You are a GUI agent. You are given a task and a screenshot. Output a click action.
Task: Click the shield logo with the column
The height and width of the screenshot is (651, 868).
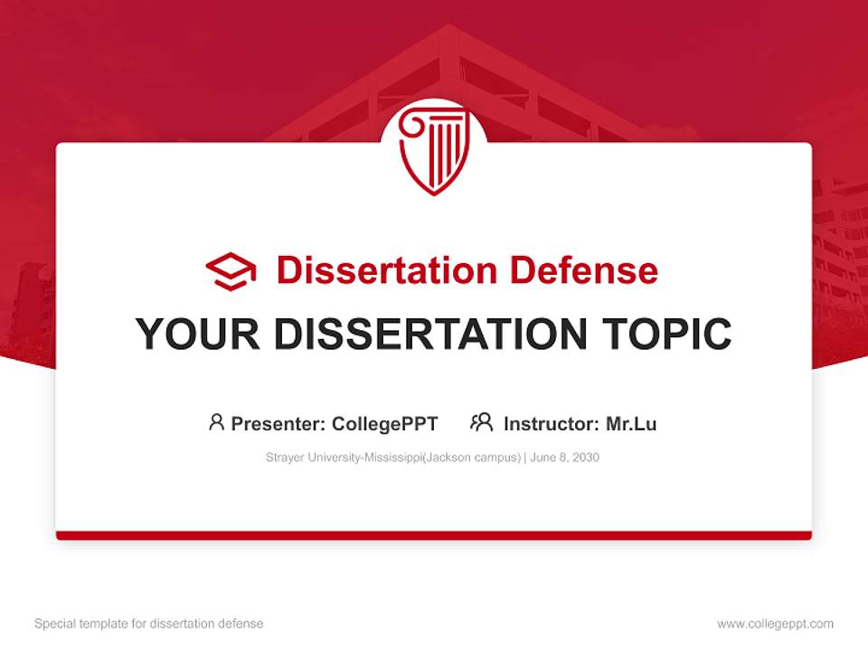pos(433,150)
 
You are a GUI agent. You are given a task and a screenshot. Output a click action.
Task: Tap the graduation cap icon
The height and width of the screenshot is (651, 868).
pos(231,271)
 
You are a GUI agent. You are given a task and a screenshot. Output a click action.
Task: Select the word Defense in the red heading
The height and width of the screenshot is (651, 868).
pos(583,270)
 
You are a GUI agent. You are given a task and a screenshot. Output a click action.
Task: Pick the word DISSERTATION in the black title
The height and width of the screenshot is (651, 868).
pos(429,335)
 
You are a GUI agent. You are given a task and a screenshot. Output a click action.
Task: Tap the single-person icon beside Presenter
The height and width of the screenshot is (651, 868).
pos(216,422)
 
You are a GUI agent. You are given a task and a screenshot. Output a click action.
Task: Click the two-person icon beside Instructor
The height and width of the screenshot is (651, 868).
pos(482,422)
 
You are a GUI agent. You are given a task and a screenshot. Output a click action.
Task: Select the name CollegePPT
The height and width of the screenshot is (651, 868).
pos(385,424)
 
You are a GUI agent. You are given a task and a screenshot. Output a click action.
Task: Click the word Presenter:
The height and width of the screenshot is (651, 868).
pos(278,424)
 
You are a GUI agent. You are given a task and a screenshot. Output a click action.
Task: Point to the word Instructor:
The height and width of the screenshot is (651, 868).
pos(551,424)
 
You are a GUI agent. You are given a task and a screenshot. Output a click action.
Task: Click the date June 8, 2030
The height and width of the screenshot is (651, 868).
pos(565,458)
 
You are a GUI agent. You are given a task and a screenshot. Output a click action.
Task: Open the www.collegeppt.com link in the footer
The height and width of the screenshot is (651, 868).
pos(775,624)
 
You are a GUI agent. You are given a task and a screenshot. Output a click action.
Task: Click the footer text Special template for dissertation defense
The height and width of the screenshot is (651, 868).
pos(148,624)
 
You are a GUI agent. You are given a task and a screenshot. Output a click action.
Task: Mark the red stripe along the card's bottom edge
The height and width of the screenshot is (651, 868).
pos(433,535)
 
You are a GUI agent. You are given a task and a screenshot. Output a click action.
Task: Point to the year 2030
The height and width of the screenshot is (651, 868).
pos(585,458)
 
